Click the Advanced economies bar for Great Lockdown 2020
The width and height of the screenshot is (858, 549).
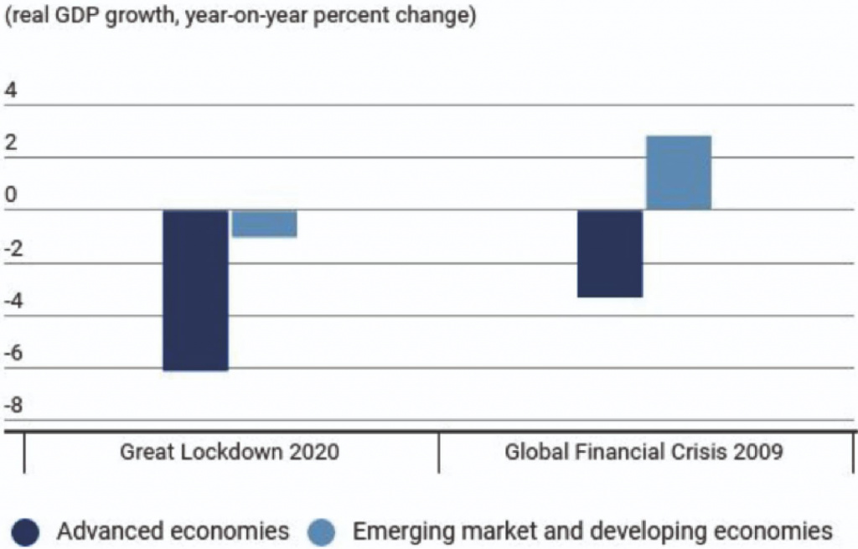[x=195, y=289]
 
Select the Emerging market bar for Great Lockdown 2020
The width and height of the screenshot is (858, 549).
[x=265, y=224]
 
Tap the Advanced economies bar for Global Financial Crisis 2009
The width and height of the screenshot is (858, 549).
[x=611, y=253]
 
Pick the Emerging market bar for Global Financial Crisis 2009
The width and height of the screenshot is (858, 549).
[x=679, y=173]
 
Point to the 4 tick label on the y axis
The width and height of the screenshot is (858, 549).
[x=12, y=91]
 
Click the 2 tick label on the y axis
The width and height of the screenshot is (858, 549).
[x=12, y=143]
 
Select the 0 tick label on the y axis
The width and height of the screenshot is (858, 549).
[x=12, y=196]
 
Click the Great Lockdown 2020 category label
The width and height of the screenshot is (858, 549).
[x=230, y=453]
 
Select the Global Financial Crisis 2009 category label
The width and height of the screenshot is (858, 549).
[x=643, y=453]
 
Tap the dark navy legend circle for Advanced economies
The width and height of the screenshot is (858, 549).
[x=28, y=531]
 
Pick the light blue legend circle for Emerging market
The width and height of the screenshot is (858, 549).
[x=321, y=531]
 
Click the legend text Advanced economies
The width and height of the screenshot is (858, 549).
[x=173, y=531]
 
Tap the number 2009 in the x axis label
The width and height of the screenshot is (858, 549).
[x=761, y=453]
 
